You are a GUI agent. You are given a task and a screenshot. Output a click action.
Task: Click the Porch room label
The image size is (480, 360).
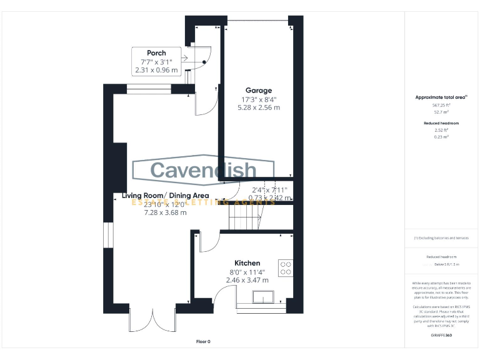point(156,52)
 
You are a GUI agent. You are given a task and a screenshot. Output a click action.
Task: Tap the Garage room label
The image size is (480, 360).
point(258,91)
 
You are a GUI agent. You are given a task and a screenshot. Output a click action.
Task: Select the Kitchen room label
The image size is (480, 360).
point(247,262)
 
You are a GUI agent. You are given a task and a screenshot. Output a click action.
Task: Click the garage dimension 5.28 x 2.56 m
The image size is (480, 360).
point(258,107)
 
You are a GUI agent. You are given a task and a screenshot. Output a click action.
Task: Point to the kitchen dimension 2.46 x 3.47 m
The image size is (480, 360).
point(247,280)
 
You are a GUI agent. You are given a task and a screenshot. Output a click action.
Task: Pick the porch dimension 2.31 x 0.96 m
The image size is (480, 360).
point(156,70)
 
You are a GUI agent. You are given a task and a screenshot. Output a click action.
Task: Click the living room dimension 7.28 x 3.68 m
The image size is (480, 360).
point(165,212)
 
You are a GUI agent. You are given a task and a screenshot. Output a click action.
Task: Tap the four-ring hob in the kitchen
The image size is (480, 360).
point(286,267)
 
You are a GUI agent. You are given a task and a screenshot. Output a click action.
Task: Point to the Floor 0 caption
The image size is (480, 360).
point(203,341)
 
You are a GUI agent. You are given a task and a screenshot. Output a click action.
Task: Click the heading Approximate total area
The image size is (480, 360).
point(441,97)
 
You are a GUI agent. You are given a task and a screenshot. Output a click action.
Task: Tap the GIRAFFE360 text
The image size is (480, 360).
point(441,336)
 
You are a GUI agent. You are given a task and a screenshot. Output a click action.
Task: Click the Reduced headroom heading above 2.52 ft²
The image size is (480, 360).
point(442,123)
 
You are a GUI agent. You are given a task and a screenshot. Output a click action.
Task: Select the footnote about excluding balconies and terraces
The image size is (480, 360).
point(441,238)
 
